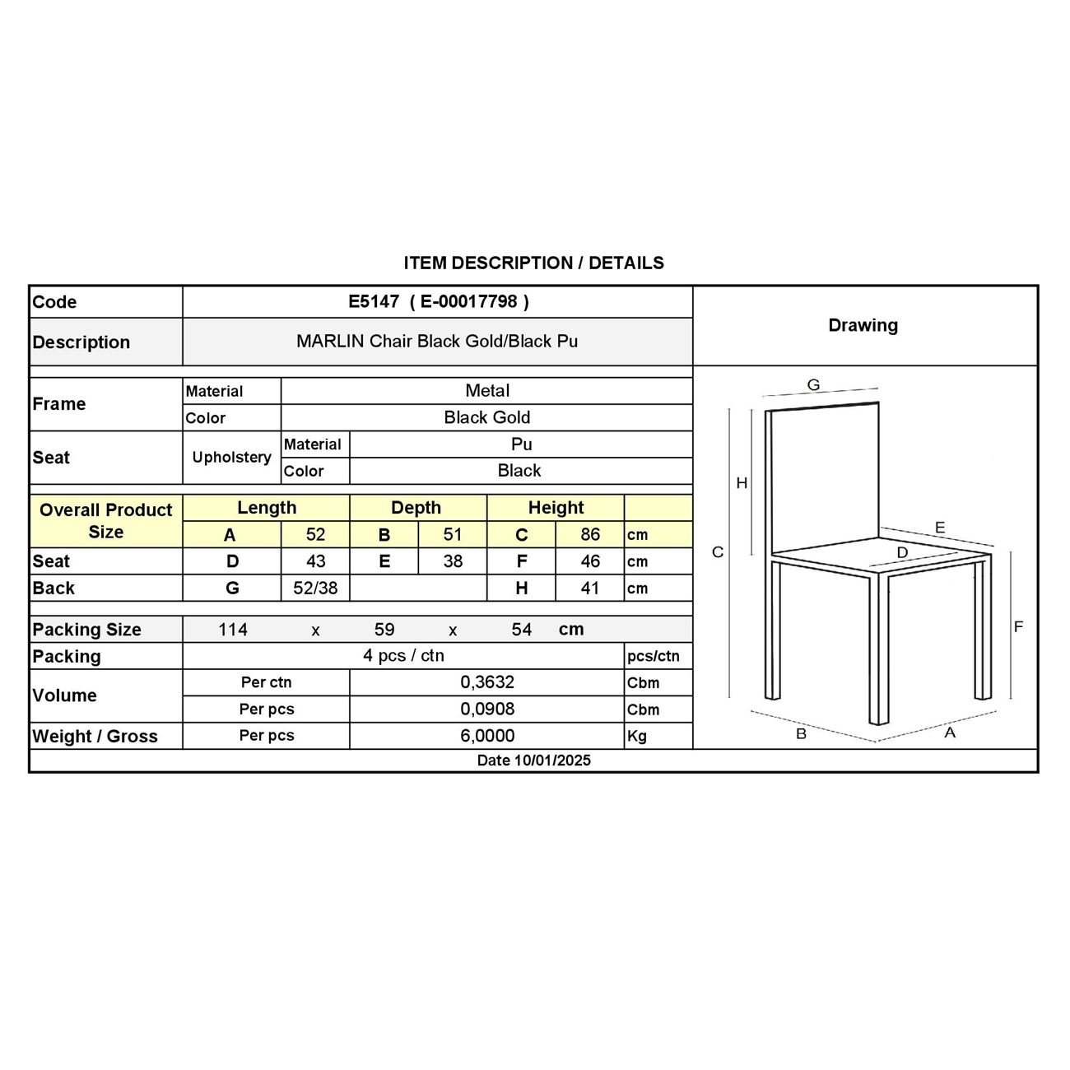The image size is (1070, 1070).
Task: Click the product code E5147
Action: coord(374,301)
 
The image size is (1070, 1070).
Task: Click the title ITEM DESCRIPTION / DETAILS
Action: coord(533,263)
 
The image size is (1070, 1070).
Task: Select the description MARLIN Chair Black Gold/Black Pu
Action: coord(437,341)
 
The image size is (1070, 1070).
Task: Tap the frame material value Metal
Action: coord(487,391)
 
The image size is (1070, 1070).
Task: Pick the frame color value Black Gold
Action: coord(487,417)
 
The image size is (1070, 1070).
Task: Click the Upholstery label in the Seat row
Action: coord(231,457)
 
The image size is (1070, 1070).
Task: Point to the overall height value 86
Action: coord(590,534)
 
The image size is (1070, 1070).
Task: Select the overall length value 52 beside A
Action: coord(315,534)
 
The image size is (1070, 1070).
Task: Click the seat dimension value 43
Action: coord(315,561)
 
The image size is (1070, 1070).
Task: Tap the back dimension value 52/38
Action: coord(315,588)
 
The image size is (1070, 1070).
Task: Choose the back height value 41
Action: coord(590,588)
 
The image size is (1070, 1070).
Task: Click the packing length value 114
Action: coord(233,630)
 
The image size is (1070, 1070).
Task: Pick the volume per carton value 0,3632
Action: coord(487,682)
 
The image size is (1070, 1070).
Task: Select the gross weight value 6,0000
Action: coord(487,736)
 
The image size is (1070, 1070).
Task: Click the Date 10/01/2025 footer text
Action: coord(533,761)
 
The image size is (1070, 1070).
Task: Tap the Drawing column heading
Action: coord(863,325)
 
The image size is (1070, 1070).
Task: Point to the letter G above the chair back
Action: coord(813,384)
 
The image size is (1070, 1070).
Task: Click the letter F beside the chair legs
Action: coord(1018,627)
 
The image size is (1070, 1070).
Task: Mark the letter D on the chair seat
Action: coord(902,552)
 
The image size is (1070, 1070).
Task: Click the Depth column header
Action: coord(416,508)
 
